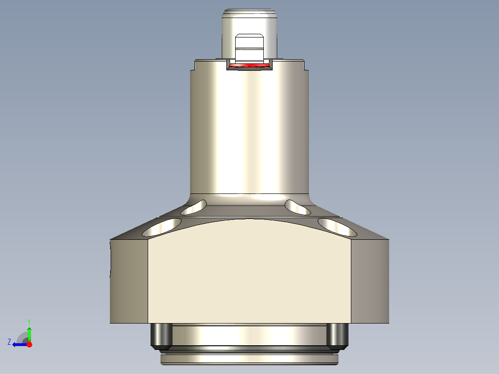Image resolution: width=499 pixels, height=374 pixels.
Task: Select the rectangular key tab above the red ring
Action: tap(249, 48)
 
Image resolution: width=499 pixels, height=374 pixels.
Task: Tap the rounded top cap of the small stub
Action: tap(249, 13)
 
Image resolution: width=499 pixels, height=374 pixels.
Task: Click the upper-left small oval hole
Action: tap(194, 207)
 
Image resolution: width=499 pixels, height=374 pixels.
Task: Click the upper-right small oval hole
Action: tap(298, 207)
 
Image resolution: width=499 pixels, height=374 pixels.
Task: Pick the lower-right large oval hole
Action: tap(337, 226)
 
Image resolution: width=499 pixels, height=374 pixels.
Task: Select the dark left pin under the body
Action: tap(162, 335)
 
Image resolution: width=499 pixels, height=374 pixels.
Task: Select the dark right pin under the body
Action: tap(337, 335)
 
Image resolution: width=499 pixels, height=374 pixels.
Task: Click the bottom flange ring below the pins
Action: tap(249, 358)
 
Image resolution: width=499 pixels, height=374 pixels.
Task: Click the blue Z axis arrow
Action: tap(19, 344)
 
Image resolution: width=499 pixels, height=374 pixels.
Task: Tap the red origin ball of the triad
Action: tap(30, 344)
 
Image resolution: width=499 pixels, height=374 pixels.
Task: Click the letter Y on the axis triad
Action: tap(29, 321)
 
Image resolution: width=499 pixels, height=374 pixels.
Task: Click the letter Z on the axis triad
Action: tap(9, 342)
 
